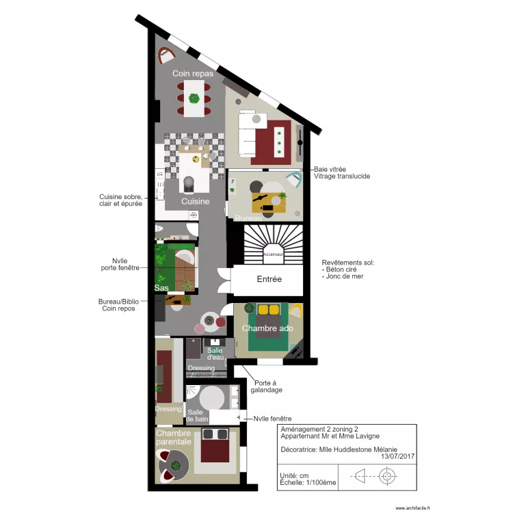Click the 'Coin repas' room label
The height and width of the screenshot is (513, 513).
point(193,73)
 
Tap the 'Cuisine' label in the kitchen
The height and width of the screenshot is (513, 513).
point(195,202)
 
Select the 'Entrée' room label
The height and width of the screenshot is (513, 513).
point(269,279)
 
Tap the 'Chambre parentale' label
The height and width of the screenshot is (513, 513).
point(174,437)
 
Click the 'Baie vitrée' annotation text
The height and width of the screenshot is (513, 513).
point(330,169)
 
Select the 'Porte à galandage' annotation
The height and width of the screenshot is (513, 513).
point(266,386)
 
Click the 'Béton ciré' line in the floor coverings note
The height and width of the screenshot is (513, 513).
point(342,269)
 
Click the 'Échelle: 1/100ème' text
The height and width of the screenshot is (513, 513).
point(308,482)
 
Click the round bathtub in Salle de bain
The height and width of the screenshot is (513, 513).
point(212,397)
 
